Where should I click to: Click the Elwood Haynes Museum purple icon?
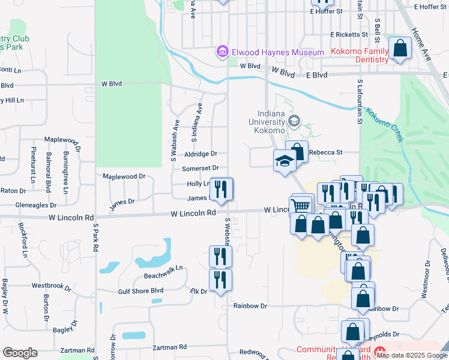223,52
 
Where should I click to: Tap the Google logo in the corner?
19,353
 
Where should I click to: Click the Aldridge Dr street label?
200,154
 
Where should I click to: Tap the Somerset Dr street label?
200,169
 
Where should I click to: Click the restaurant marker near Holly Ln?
221,190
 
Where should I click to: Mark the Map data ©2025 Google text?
412,355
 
